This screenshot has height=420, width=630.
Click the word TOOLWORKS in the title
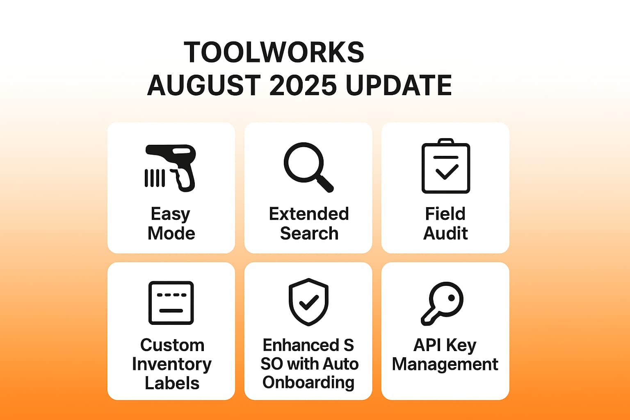click(274, 52)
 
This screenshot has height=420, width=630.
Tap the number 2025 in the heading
click(303, 85)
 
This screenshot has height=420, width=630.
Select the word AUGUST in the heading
click(204, 85)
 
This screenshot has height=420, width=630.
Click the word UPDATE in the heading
click(398, 85)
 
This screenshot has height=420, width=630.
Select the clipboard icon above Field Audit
click(446, 167)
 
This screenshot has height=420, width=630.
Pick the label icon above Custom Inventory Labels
click(171, 303)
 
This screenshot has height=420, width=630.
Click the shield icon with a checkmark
click(308, 302)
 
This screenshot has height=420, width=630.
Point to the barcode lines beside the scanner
click(155, 178)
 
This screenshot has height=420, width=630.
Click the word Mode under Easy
click(171, 233)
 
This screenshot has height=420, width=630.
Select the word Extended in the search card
click(309, 214)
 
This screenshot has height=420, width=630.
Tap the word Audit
click(445, 233)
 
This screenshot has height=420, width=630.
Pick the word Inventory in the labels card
click(172, 364)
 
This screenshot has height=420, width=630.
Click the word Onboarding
click(308, 382)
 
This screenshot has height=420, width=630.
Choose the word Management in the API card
click(445, 364)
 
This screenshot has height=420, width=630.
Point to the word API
click(427, 345)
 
